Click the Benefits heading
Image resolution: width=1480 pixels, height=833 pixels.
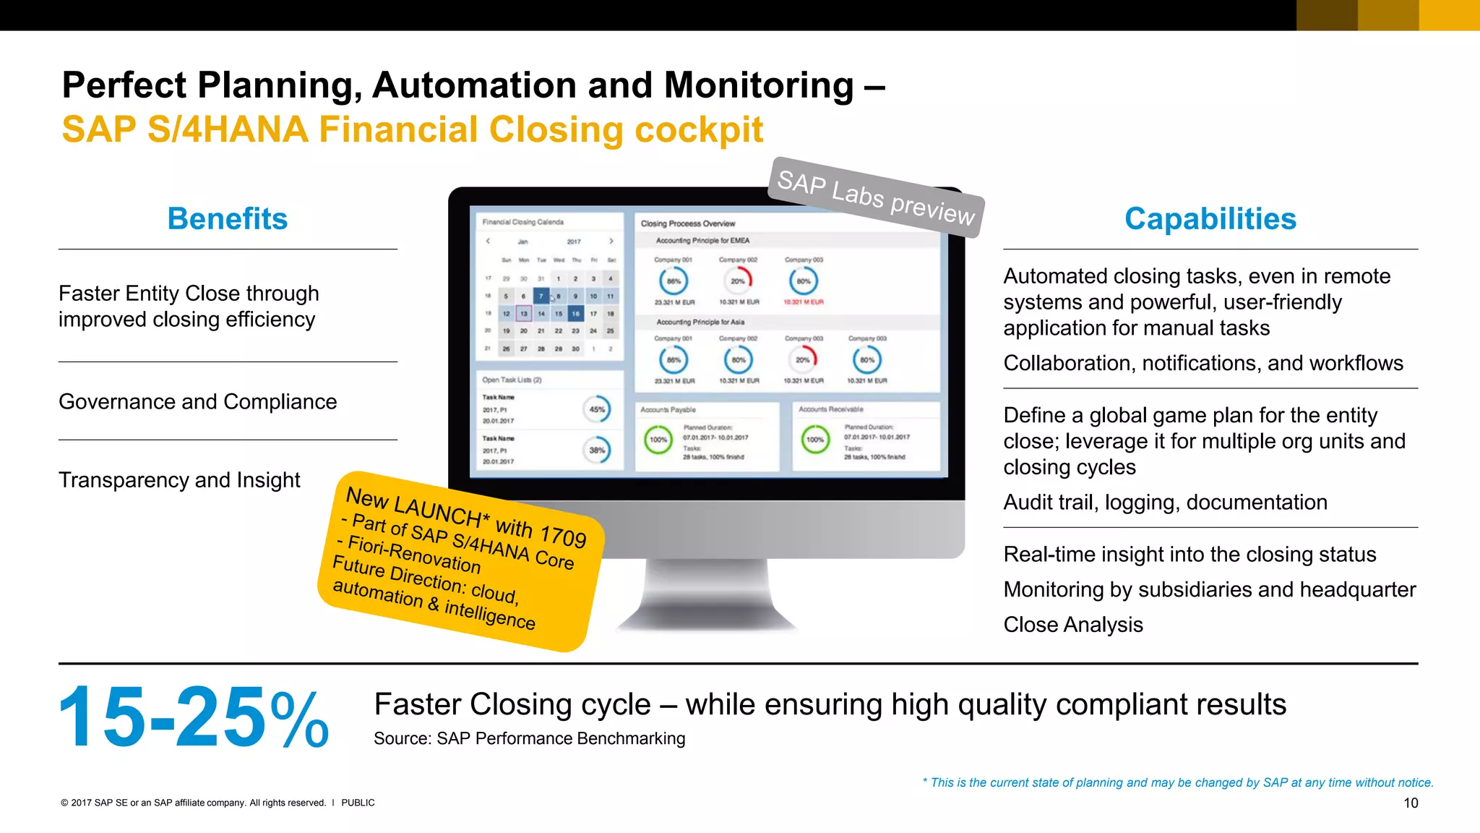(227, 218)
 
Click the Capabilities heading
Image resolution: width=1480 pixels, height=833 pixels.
(1210, 218)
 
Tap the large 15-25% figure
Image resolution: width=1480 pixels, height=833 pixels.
(193, 717)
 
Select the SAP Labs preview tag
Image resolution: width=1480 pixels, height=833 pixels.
(876, 197)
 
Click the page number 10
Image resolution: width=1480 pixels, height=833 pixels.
(1411, 803)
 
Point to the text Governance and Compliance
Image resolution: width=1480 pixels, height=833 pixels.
(197, 401)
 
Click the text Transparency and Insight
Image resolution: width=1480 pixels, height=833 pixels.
(179, 479)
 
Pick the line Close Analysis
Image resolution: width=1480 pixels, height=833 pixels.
(1073, 624)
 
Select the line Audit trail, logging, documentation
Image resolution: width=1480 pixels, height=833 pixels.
(1165, 502)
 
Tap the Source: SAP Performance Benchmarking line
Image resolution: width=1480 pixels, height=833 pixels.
(529, 738)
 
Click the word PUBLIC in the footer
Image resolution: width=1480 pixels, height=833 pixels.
(358, 803)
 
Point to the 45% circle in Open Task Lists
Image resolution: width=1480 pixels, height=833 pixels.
(597, 409)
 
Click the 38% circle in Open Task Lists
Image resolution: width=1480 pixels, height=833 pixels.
(597, 450)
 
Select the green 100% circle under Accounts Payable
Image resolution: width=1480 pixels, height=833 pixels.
(658, 440)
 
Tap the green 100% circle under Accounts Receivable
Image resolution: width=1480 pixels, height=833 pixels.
(815, 440)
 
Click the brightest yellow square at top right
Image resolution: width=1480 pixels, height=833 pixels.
(1449, 15)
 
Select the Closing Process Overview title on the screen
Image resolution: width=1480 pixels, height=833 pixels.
(687, 223)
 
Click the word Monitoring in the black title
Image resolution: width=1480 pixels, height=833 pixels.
(759, 85)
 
